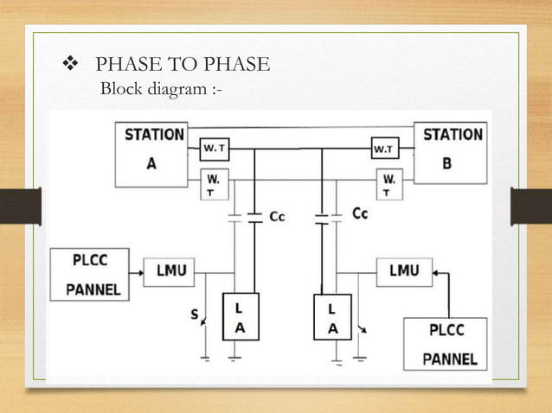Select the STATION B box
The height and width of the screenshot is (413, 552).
point(452,152)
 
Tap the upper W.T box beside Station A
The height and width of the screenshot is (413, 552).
point(215,149)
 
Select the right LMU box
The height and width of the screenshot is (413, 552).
point(404,271)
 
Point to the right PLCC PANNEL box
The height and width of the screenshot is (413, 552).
point(445,344)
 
